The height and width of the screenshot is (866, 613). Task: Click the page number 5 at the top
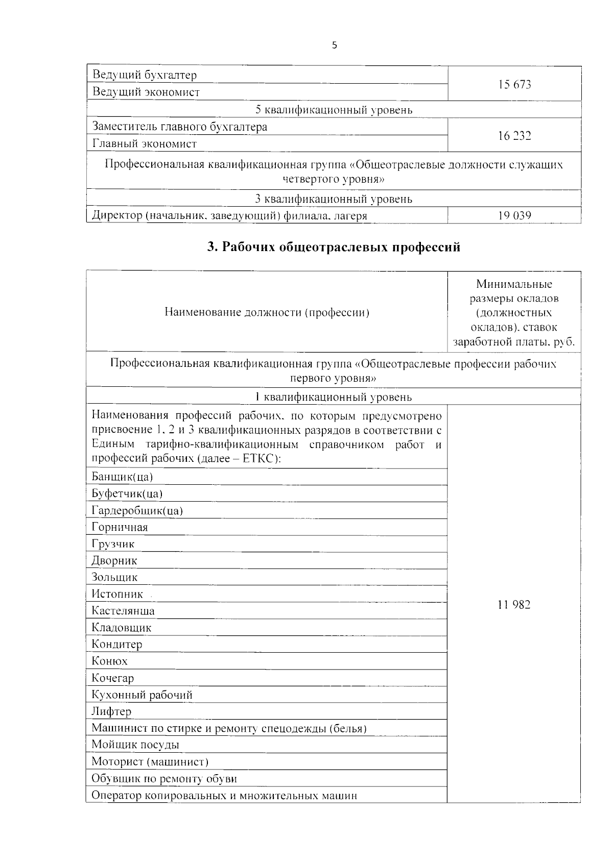pyautogui.click(x=335, y=45)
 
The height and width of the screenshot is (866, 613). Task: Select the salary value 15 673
pyautogui.click(x=514, y=85)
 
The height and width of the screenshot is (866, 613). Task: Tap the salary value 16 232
pyautogui.click(x=514, y=136)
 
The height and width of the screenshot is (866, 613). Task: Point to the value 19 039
pyautogui.click(x=514, y=216)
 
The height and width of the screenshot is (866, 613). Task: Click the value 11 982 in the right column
pyautogui.click(x=514, y=605)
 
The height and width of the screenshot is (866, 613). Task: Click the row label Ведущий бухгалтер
pyautogui.click(x=145, y=76)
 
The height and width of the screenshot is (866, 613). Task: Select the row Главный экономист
pyautogui.click(x=145, y=144)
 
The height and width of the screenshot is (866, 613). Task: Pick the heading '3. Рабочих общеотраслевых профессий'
pyautogui.click(x=334, y=248)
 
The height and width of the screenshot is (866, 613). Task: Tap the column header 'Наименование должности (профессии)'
pyautogui.click(x=267, y=313)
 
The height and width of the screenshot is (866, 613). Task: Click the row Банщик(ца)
pyautogui.click(x=123, y=477)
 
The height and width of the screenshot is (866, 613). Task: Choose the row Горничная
pyautogui.click(x=120, y=528)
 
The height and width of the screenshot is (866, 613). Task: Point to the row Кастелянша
pyautogui.click(x=123, y=611)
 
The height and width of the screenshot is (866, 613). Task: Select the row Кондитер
pyautogui.click(x=117, y=645)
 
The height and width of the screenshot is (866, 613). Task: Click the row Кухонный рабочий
pyautogui.click(x=142, y=695)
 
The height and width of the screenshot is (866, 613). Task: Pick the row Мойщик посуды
pyautogui.click(x=135, y=745)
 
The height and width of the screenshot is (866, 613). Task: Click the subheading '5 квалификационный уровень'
pyautogui.click(x=334, y=110)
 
